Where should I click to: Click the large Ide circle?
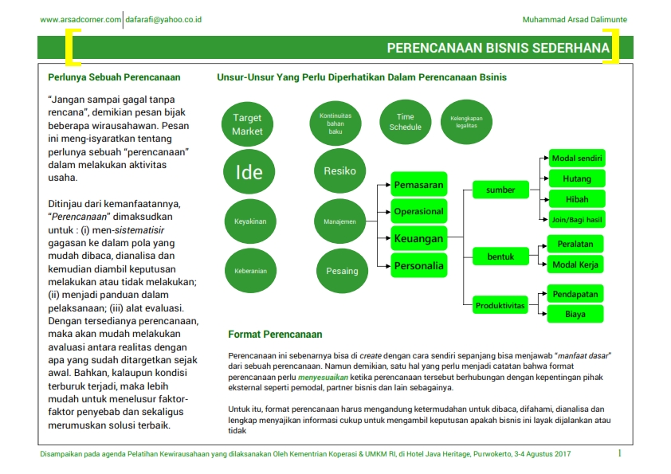[x=249, y=171]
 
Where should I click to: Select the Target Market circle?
[x=247, y=123]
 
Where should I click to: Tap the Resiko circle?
[x=339, y=170]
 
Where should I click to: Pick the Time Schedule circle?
[x=405, y=122]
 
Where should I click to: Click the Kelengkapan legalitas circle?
[x=467, y=122]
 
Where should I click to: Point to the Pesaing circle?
[x=342, y=271]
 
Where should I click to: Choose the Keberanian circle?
[x=250, y=271]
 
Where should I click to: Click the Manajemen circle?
[x=339, y=221]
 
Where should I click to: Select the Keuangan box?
[x=418, y=238]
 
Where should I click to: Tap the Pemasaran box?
[x=418, y=185]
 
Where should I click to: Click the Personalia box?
[x=418, y=265]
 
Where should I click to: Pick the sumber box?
[x=500, y=190]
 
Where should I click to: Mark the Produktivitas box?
[x=500, y=306]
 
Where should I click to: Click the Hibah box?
[x=576, y=199]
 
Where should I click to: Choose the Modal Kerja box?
[x=576, y=264]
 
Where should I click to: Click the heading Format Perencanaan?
[x=275, y=335]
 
